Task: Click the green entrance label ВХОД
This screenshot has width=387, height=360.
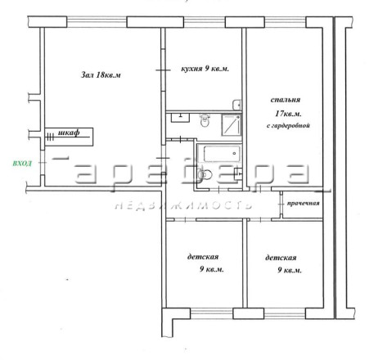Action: pyautogui.click(x=22, y=164)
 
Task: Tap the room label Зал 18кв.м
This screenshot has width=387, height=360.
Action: pyautogui.click(x=101, y=74)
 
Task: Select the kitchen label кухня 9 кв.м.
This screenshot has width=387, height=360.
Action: pyautogui.click(x=205, y=69)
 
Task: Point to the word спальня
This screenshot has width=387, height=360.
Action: pyautogui.click(x=286, y=100)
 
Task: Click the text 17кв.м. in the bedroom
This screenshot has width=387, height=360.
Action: pyautogui.click(x=288, y=114)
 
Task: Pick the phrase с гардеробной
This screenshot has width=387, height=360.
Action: pyautogui.click(x=288, y=126)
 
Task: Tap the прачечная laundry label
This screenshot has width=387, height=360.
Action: pyautogui.click(x=303, y=203)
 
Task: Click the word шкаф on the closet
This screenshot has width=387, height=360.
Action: pyautogui.click(x=69, y=133)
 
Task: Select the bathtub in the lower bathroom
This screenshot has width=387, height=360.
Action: pyautogui.click(x=222, y=154)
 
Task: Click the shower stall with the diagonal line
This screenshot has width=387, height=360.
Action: pyautogui.click(x=232, y=125)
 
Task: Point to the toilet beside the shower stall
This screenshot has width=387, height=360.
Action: pyautogui.click(x=205, y=120)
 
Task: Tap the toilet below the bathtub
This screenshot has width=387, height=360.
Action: pyautogui.click(x=205, y=174)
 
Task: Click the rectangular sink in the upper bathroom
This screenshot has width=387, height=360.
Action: pyautogui.click(x=180, y=118)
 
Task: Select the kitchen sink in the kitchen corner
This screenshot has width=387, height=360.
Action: pyautogui.click(x=236, y=105)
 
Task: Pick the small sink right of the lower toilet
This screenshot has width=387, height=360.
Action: pyautogui.click(x=238, y=173)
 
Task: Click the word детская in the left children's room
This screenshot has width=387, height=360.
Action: pyautogui.click(x=203, y=257)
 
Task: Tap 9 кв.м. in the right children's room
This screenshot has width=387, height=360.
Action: pyautogui.click(x=290, y=270)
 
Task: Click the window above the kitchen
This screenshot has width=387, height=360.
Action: pyautogui.click(x=205, y=22)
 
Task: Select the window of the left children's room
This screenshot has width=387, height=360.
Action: pyautogui.click(x=212, y=313)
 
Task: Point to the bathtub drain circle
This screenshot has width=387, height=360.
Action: pyautogui.click(x=234, y=154)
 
